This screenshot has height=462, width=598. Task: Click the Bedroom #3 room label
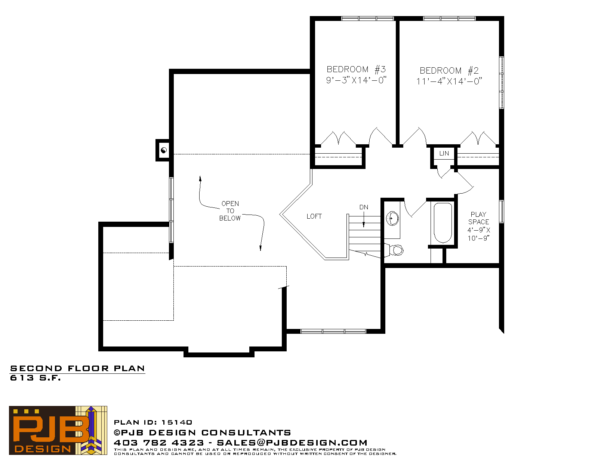(x=356, y=69)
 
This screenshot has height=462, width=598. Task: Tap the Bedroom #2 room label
(x=449, y=70)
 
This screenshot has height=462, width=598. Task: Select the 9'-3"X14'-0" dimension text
(x=356, y=80)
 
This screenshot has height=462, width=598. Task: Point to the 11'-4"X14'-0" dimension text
(x=449, y=81)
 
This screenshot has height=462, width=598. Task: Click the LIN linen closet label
(x=444, y=153)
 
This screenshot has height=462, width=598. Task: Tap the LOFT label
(x=314, y=216)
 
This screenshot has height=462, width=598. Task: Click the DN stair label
(x=364, y=207)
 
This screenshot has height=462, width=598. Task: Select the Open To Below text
(x=230, y=211)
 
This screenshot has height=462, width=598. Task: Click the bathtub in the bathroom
(x=443, y=223)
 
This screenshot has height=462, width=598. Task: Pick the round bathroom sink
(x=392, y=219)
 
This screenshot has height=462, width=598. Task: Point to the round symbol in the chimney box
(x=164, y=150)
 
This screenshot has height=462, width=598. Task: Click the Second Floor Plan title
(x=77, y=369)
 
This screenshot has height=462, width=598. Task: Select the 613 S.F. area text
(x=35, y=378)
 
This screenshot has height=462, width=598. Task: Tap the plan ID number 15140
(x=177, y=422)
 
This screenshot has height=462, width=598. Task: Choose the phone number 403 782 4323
(x=159, y=443)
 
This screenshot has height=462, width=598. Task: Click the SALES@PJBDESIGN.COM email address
(x=292, y=443)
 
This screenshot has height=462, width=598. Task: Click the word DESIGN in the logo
(x=43, y=449)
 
